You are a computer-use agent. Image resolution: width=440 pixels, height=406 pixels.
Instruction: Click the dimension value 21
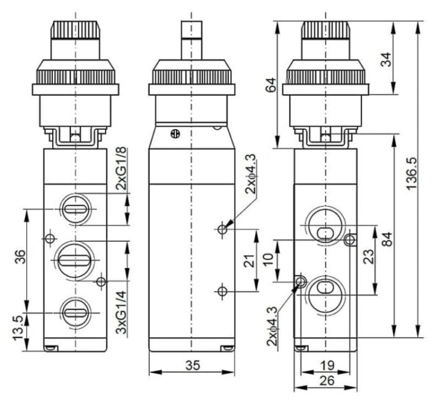point(250,260)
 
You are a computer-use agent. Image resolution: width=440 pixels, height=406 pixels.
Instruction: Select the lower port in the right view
point(323,288)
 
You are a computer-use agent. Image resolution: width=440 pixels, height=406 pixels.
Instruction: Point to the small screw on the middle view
point(174,133)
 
